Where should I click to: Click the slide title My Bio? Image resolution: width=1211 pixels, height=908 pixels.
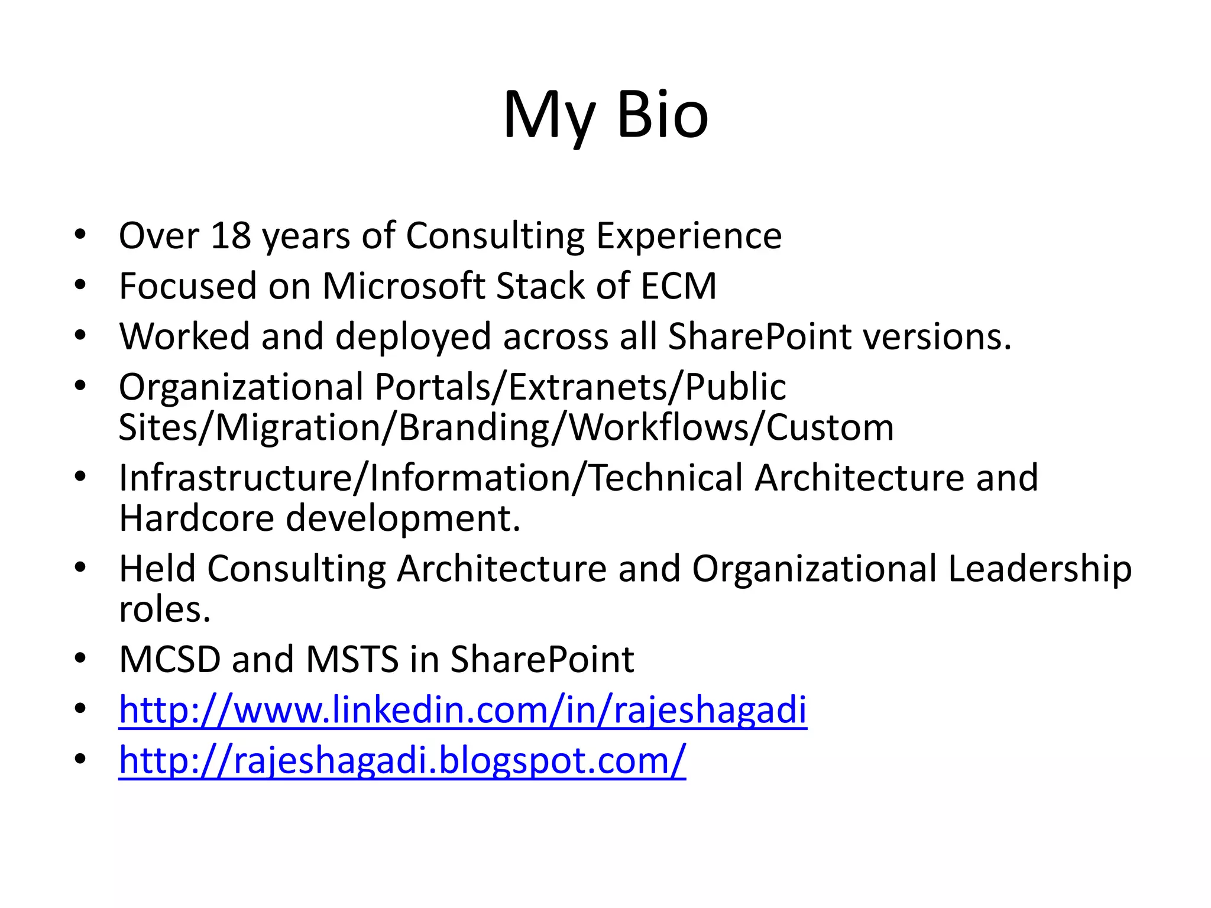[x=605, y=115]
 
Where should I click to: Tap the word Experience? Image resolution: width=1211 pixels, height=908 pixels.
[x=688, y=236]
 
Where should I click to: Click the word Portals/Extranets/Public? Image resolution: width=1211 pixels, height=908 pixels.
[x=580, y=387]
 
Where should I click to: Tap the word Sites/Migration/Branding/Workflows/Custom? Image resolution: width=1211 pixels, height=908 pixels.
[x=506, y=427]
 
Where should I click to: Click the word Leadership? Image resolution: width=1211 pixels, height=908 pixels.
[x=1040, y=569]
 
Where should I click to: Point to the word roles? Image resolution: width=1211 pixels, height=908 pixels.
[x=164, y=609]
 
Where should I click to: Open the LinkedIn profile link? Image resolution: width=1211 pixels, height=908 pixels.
[x=462, y=709]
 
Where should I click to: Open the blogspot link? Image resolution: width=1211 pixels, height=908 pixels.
[x=402, y=760]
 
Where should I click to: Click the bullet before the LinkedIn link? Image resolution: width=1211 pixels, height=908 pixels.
[x=80, y=709]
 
